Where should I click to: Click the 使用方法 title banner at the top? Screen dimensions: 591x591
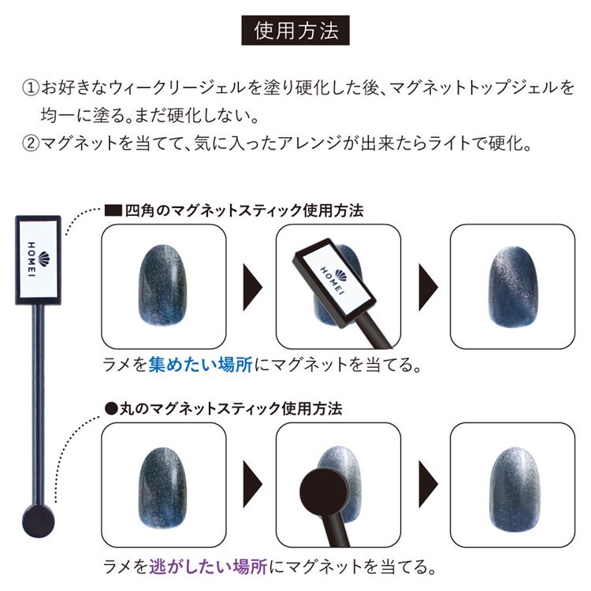click(295, 30)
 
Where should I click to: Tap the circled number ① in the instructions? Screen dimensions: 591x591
click(31, 87)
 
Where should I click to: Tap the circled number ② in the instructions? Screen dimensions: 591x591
click(31, 143)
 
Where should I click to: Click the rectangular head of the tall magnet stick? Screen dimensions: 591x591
click(38, 260)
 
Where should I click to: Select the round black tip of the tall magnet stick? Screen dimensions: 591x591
click(38, 522)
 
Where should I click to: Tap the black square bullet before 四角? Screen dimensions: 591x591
click(113, 210)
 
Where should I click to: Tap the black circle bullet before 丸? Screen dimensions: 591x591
click(111, 409)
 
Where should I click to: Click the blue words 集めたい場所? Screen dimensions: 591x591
click(200, 365)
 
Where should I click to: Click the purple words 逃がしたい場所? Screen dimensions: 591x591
click(209, 567)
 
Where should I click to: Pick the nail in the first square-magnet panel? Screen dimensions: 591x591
click(163, 285)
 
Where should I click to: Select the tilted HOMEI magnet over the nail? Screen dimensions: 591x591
click(334, 283)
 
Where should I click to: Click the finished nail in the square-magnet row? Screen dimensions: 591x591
click(513, 287)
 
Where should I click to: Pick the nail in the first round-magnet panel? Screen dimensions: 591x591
click(163, 488)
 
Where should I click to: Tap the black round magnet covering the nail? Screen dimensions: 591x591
click(323, 491)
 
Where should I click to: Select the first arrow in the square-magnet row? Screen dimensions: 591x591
click(252, 287)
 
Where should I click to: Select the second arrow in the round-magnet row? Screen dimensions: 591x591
click(428, 484)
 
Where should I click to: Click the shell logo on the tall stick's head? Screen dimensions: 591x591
click(44, 259)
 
